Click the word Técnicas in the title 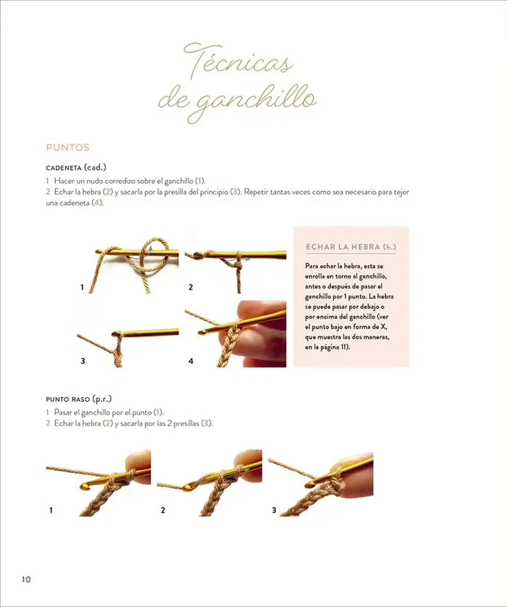tap(237, 63)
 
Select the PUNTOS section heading tap(68, 147)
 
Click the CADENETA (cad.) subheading tap(76, 167)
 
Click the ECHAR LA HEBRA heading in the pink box tap(350, 248)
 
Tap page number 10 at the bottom tap(26, 579)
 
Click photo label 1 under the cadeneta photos tap(82, 288)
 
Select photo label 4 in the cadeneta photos tap(190, 361)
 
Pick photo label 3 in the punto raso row tap(274, 510)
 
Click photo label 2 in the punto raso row tap(163, 510)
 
